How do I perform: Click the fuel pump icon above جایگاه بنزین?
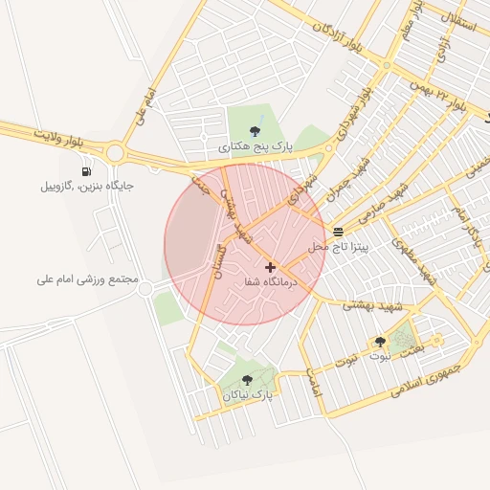click(87, 171)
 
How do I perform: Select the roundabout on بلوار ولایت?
click(116, 151)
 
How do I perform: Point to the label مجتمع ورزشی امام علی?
click(88, 280)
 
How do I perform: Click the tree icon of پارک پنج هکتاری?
click(255, 132)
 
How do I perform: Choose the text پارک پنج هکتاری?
click(255, 147)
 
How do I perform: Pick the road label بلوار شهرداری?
click(355, 111)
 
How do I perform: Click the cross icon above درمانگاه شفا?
click(270, 267)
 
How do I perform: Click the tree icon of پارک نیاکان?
click(247, 380)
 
